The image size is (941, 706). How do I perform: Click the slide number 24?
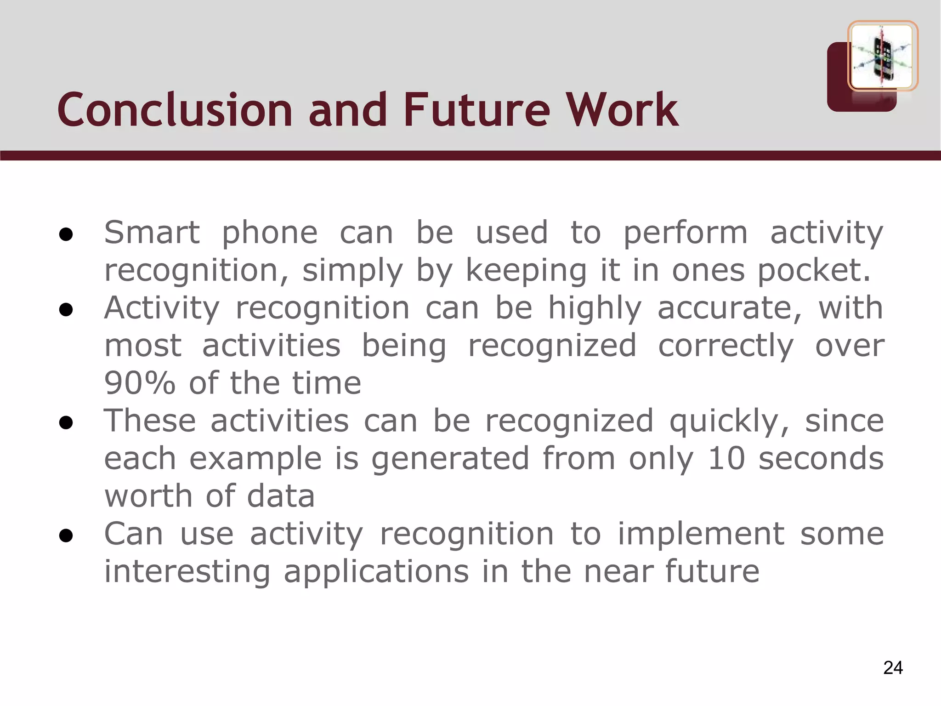click(x=893, y=668)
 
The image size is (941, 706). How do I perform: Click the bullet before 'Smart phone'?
click(x=66, y=234)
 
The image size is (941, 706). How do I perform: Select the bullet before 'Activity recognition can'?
click(x=66, y=310)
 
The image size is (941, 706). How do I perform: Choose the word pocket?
click(x=813, y=270)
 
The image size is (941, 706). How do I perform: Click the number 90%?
click(x=140, y=383)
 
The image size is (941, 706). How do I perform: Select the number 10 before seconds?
click(x=726, y=458)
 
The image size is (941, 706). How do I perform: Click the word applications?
click(x=376, y=572)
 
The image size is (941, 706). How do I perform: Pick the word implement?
click(x=701, y=534)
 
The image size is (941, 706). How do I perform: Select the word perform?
click(x=685, y=233)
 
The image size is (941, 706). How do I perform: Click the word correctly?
click(x=726, y=346)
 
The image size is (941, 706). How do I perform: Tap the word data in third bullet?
click(x=281, y=496)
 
